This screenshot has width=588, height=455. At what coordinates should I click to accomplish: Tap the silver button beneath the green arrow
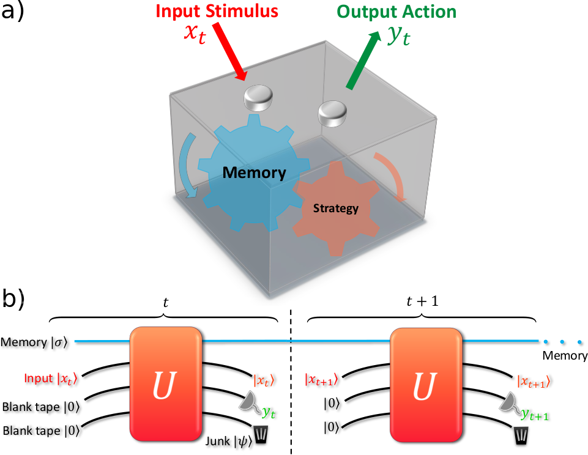tap(333, 114)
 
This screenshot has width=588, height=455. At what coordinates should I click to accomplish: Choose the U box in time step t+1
tap(425, 384)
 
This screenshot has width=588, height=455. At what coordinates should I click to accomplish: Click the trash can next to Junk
tap(261, 435)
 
